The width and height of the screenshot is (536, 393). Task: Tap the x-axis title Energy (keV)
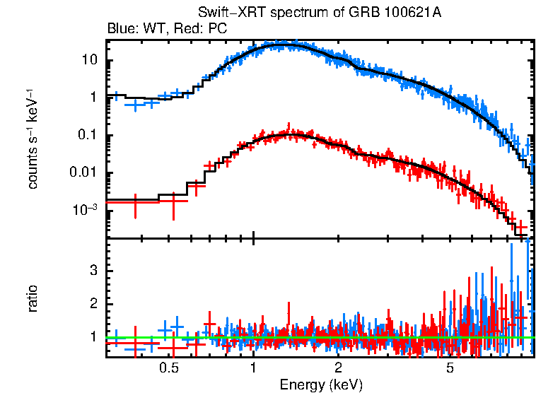click(x=321, y=385)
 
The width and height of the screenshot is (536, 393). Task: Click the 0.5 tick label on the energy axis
click(x=168, y=368)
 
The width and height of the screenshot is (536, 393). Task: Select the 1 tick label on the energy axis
click(x=253, y=368)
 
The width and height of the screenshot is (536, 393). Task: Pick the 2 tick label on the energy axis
click(x=339, y=368)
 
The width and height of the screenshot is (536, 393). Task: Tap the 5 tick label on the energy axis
click(x=450, y=368)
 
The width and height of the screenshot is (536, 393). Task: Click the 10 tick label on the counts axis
click(x=89, y=61)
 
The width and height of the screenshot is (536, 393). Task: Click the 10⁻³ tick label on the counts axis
click(x=85, y=210)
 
